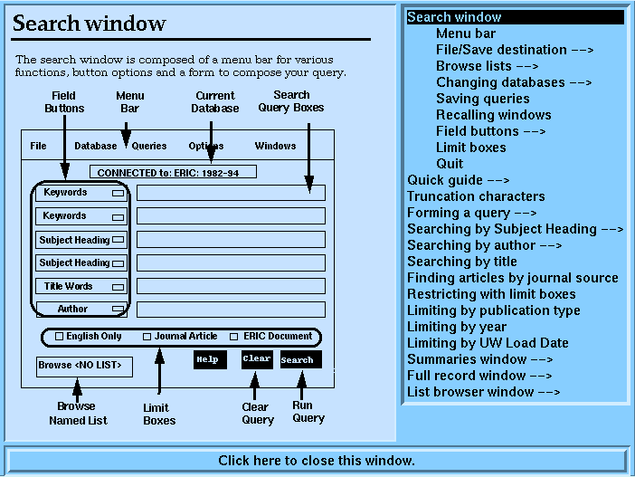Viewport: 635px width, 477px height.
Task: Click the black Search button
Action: pos(301,359)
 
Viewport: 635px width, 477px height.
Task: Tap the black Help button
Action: pos(210,359)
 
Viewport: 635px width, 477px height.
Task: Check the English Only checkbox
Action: pos(59,337)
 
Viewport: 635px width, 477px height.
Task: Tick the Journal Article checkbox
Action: pos(147,337)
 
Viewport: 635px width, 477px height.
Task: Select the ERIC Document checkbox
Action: pos(233,337)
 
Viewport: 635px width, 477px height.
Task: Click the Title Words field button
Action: pos(81,286)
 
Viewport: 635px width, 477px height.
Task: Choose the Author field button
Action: pos(81,310)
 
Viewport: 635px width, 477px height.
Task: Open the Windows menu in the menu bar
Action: pos(275,146)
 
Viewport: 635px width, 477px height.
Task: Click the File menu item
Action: pos(39,146)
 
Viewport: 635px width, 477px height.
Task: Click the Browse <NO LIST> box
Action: pos(84,367)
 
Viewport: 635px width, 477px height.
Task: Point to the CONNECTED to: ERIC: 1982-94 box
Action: pos(173,172)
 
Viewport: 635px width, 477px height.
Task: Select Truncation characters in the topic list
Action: pos(476,196)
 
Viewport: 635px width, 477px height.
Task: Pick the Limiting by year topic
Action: pos(457,327)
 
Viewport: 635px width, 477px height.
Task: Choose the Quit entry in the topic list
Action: pos(450,164)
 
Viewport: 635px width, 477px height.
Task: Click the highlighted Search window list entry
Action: pos(515,17)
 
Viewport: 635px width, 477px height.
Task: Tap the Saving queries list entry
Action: pos(483,99)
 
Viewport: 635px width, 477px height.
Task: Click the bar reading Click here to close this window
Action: pos(317,461)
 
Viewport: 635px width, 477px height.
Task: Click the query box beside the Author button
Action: pos(231,310)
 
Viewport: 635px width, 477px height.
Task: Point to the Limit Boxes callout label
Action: pos(159,414)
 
